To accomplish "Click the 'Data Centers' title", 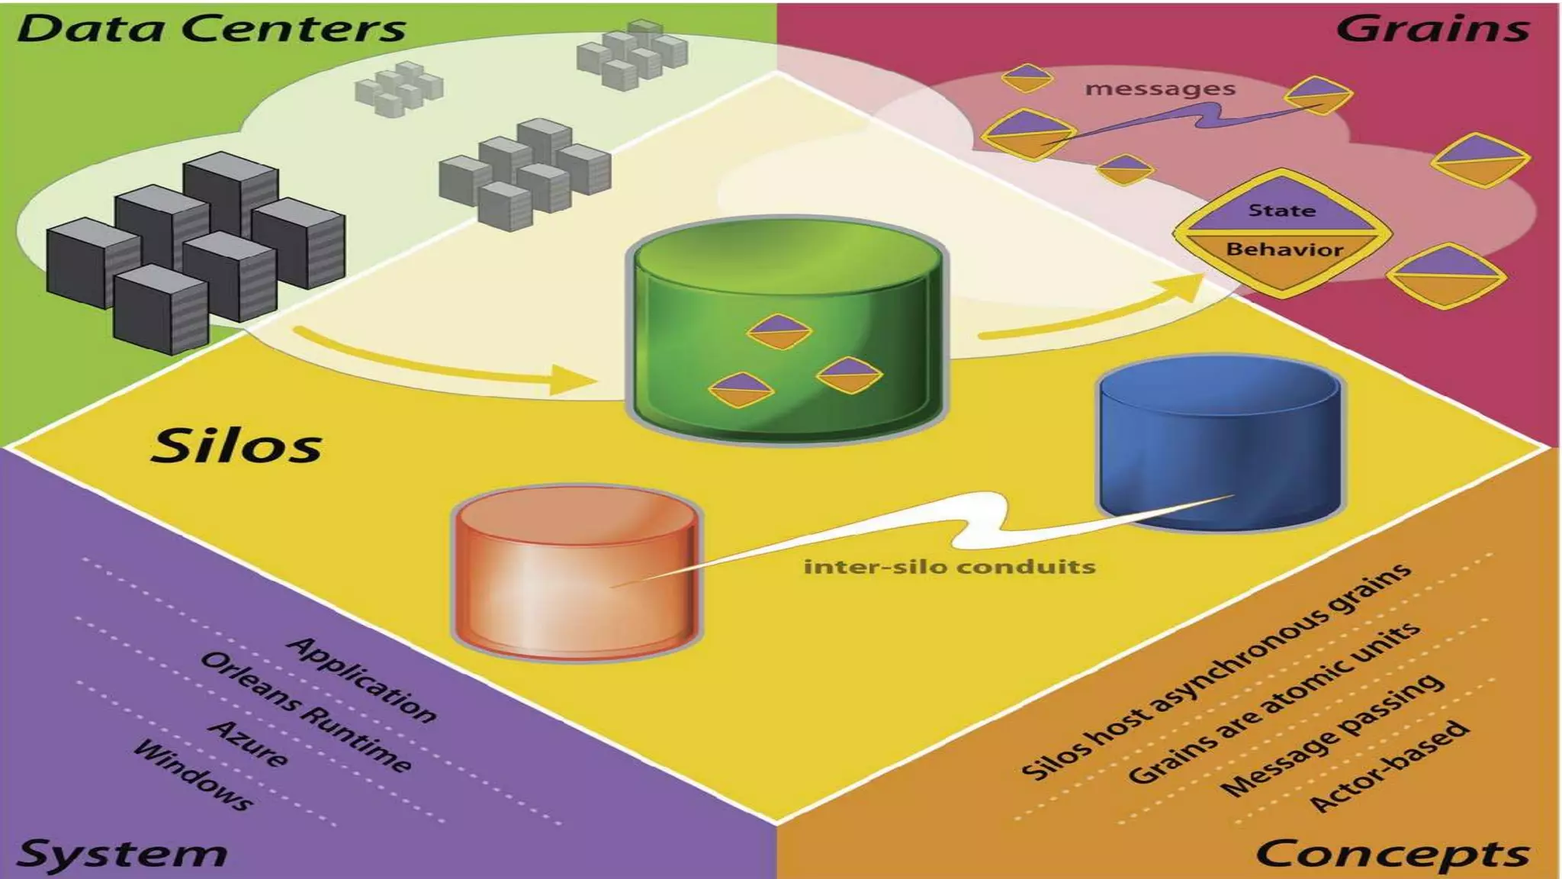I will pos(211,28).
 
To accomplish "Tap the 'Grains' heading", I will pos(1432,28).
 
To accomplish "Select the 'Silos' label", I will pos(236,445).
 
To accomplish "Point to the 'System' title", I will pos(122,853).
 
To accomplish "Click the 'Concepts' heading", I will pos(1392,853).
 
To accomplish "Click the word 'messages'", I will pos(1159,89).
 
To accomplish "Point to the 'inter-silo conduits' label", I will pos(950,567).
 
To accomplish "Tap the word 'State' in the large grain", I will pos(1282,210).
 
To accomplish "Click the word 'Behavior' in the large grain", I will pos(1284,249).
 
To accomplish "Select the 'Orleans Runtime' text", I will pos(305,711).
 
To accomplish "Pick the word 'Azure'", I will pos(249,742).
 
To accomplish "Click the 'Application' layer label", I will pos(362,679).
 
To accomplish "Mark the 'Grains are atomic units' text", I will pos(1274,703).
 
